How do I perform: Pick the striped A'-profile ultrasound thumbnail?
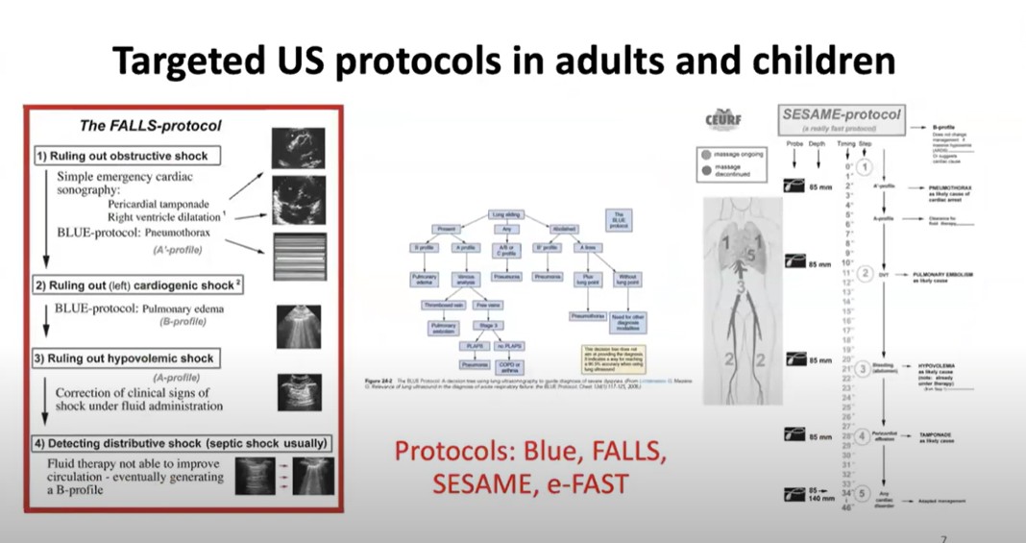299,255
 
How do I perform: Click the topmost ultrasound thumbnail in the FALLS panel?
298,147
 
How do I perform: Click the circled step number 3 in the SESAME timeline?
863,369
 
